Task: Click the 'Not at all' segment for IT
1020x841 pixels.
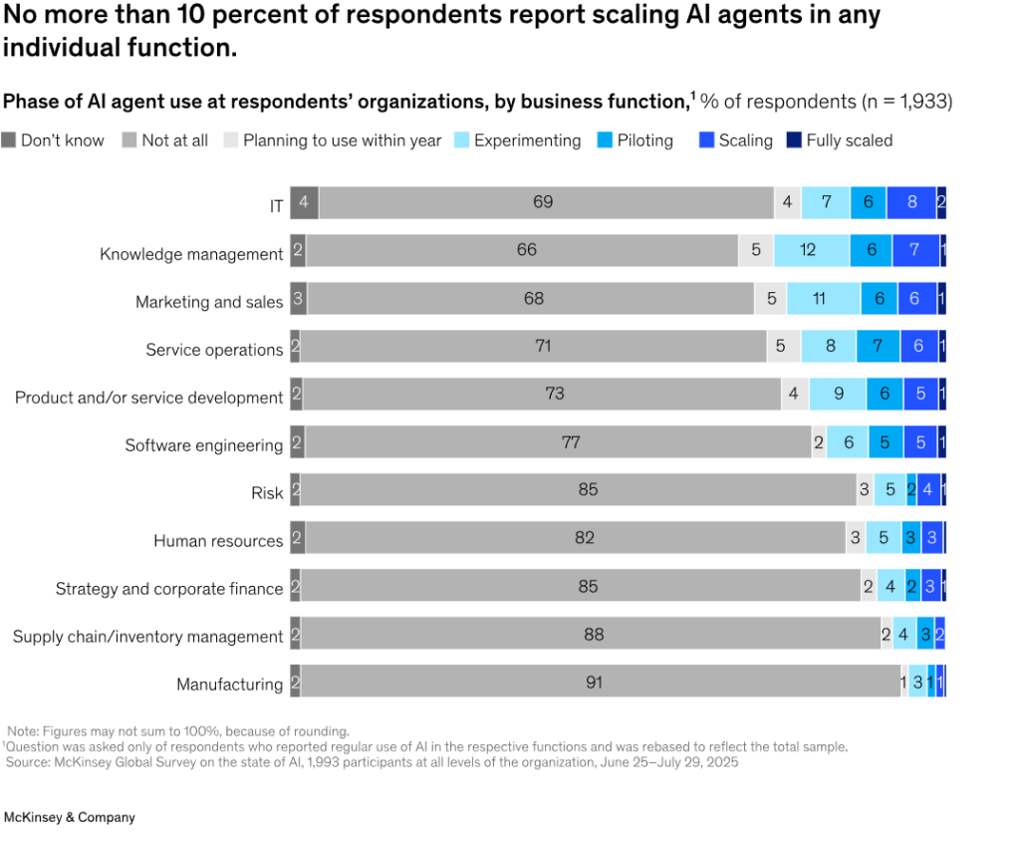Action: (544, 202)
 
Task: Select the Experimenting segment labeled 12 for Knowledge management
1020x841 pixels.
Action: (810, 250)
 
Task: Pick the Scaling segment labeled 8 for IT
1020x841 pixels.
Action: (911, 202)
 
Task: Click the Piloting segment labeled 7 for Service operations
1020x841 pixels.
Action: (878, 346)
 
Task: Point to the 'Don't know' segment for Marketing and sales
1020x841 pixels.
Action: (298, 298)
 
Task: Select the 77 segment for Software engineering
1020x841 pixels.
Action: (570, 441)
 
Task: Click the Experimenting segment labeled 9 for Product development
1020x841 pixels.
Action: (838, 394)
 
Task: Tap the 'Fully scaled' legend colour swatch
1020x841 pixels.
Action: (794, 140)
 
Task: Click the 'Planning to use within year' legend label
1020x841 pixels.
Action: (342, 140)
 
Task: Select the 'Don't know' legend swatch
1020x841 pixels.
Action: (9, 140)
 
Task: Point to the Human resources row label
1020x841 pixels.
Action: (218, 541)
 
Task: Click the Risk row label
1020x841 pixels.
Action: (267, 493)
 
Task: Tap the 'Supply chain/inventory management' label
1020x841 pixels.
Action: (147, 637)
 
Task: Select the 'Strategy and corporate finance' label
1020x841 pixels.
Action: (169, 589)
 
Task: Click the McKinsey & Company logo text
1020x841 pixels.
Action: (70, 817)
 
